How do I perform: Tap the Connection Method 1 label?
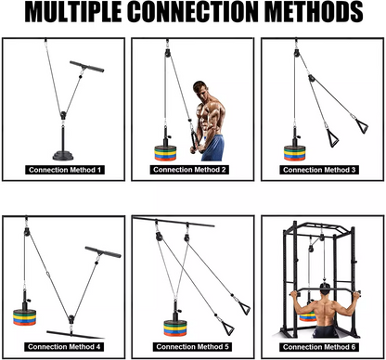[x=64, y=170]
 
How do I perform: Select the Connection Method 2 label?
[x=192, y=170]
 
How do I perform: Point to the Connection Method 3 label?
[x=320, y=170]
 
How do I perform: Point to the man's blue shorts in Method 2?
[x=212, y=148]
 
